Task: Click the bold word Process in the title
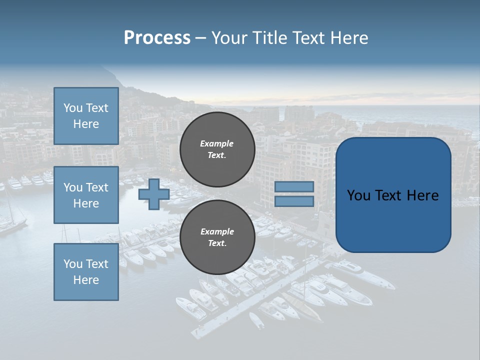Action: click(157, 38)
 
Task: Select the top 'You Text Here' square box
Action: click(86, 116)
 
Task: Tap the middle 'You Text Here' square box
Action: click(86, 195)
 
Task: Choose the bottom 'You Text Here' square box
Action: click(86, 272)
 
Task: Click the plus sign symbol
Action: click(154, 194)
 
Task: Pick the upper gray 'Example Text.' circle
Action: click(217, 149)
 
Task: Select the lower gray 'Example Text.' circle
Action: click(217, 237)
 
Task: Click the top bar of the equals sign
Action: click(294, 187)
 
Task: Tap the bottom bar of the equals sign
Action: click(294, 201)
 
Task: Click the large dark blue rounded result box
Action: click(393, 195)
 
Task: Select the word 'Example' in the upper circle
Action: click(217, 143)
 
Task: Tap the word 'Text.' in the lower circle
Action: click(217, 243)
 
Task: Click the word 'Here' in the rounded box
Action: click(422, 195)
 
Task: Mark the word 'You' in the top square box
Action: click(73, 108)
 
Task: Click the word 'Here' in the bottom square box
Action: click(86, 280)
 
